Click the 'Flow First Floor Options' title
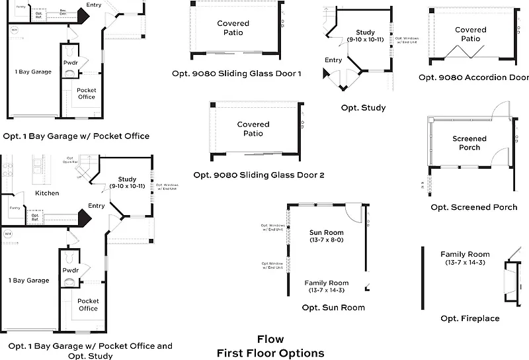270,346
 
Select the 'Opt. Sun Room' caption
333,308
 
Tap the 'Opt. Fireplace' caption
470,319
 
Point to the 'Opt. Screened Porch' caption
474,207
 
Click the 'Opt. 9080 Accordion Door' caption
473,77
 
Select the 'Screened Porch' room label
469,143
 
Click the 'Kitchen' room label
47,193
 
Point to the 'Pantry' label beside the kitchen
15,208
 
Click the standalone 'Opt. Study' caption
363,108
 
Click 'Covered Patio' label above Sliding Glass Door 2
253,128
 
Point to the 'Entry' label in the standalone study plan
333,60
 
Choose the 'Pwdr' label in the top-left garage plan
71,64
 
